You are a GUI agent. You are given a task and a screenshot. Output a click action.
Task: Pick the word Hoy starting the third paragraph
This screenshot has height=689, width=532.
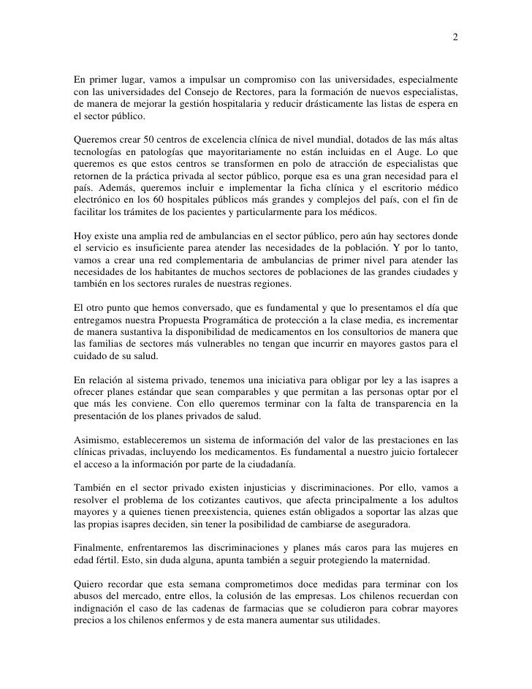click(83, 236)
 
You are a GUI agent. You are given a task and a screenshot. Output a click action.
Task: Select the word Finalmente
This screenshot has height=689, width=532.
click(104, 548)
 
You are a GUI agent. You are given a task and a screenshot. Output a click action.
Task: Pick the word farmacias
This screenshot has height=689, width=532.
click(244, 607)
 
